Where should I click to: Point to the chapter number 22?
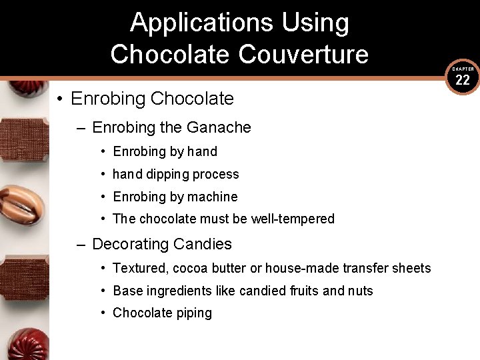point(463,81)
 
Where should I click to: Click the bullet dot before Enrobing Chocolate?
point(59,99)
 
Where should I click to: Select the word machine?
point(212,197)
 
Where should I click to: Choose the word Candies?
point(203,244)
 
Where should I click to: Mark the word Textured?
point(141,268)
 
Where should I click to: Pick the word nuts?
point(360,291)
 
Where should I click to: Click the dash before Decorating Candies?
point(81,245)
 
